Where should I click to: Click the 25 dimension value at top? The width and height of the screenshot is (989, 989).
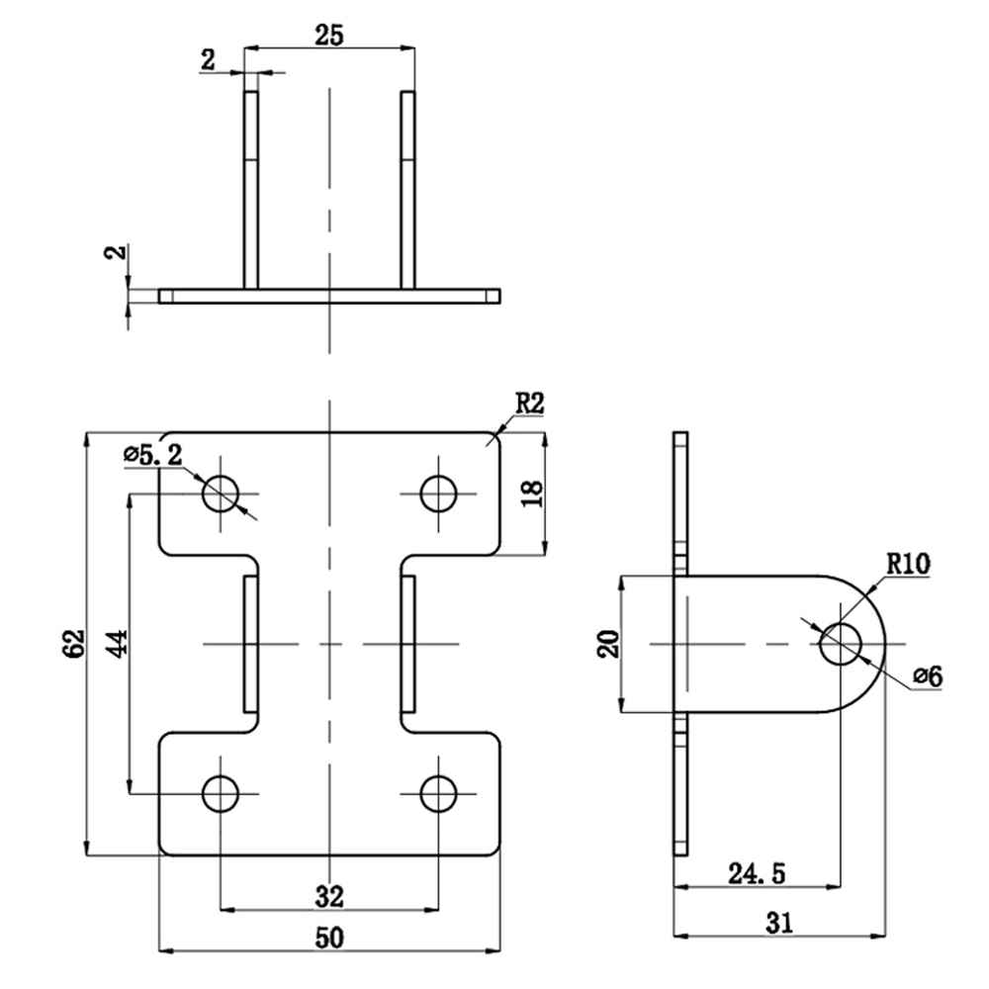coord(329,36)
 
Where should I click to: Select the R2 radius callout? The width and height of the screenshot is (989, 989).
coord(529,404)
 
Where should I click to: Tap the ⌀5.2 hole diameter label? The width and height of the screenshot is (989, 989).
coord(153,454)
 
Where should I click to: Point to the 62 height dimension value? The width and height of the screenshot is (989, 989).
coord(74,644)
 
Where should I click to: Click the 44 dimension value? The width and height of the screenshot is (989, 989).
coord(118,644)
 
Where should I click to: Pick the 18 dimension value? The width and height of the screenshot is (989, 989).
coord(532,494)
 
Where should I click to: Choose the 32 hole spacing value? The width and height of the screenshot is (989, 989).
coord(329,896)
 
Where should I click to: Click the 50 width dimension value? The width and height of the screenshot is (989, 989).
coord(329,938)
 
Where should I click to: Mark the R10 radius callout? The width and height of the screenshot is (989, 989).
coord(908,564)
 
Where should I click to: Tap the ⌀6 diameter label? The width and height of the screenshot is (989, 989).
coord(928,676)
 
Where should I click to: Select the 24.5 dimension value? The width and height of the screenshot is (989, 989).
coord(757,874)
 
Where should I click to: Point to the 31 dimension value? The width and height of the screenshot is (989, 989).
coord(779,923)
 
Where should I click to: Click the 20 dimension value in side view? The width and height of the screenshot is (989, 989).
coord(609,644)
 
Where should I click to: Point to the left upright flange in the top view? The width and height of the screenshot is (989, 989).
coord(251,190)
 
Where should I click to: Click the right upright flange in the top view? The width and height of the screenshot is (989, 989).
coord(408,190)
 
